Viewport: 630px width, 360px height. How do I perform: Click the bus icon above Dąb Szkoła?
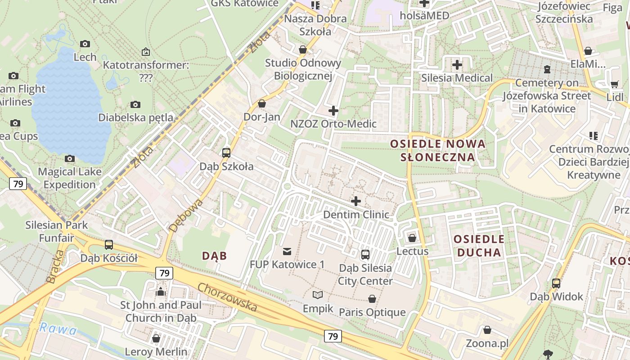tap(226, 153)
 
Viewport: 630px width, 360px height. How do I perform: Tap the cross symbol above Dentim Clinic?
tap(356, 201)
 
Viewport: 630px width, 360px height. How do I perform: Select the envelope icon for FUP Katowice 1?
tap(287, 251)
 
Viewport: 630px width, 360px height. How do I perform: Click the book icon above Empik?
tap(318, 295)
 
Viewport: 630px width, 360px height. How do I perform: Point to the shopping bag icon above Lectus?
tap(412, 238)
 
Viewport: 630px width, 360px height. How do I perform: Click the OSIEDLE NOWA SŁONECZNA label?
tap(438, 150)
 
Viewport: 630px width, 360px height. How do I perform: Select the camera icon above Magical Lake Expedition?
tap(70, 158)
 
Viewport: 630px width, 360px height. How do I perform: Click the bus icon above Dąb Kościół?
tap(109, 245)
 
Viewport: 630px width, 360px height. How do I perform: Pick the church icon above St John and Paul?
tap(161, 292)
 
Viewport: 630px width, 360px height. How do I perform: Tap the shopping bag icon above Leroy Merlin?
tap(156, 338)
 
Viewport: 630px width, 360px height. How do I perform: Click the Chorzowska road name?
tap(227, 297)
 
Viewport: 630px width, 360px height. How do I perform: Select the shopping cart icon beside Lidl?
tap(615, 84)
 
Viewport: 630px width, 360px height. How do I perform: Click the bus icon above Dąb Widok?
tap(556, 283)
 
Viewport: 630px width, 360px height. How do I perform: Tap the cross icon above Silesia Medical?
tap(457, 65)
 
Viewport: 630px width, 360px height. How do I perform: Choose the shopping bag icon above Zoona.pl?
tap(487, 330)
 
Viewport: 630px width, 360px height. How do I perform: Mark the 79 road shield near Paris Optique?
tap(333, 336)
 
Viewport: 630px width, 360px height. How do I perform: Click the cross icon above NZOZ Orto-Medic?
tap(333, 110)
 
